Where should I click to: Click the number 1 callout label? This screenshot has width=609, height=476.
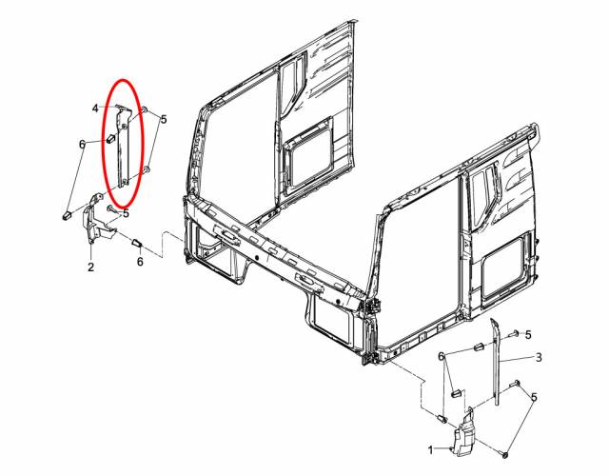coord(430,450)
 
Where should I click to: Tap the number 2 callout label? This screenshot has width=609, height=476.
coord(91,267)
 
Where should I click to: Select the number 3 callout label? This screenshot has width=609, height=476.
coord(539,357)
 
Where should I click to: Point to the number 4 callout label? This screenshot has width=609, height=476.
coord(95,109)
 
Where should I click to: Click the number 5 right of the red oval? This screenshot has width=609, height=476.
coord(164,119)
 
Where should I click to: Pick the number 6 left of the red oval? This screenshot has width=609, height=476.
coord(82,144)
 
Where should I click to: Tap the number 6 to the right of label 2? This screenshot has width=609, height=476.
coord(140,262)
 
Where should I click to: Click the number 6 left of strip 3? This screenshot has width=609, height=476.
coord(441,356)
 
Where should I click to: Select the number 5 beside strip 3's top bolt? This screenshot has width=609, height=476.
coord(528,334)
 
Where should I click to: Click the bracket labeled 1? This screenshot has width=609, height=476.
coord(466,432)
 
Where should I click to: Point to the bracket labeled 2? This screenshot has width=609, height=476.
coord(96,220)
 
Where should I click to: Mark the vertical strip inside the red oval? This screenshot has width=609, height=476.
coord(124,148)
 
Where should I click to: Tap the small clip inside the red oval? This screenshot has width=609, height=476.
coord(110,138)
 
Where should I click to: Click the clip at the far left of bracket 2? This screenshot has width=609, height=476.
coord(67,214)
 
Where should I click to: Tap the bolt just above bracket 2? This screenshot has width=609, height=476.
coord(112,208)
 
